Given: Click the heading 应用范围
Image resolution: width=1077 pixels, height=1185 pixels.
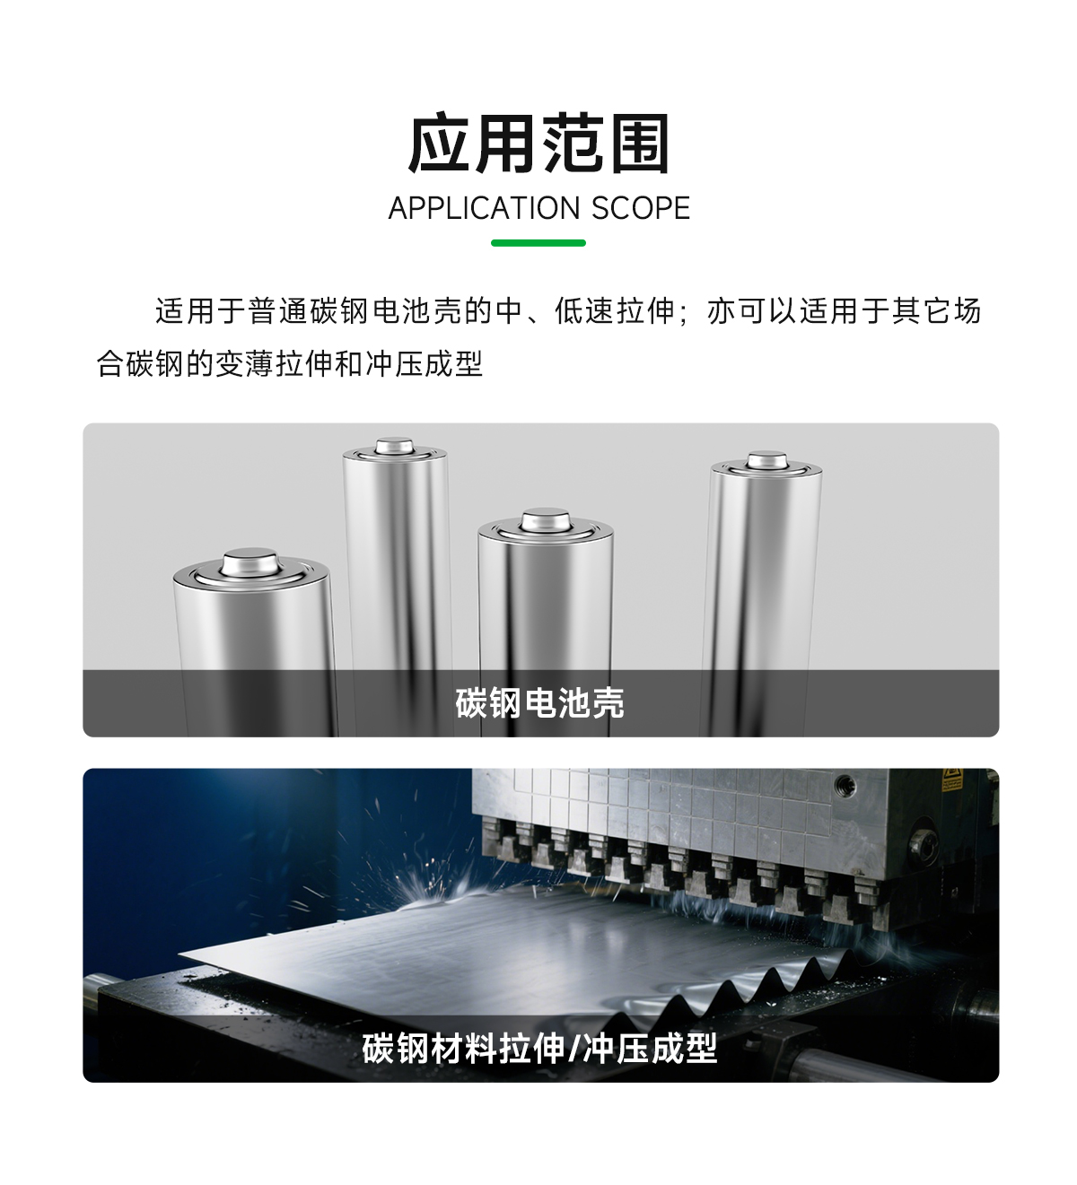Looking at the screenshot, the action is click(538, 144).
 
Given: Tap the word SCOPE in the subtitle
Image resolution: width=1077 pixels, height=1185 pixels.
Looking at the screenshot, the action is click(640, 208).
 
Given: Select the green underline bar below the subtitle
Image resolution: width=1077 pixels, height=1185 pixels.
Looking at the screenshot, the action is click(538, 243).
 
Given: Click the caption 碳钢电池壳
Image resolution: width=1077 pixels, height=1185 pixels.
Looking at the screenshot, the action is click(539, 702).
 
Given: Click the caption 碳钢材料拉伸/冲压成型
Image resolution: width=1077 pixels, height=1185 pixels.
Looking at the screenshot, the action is click(539, 1048).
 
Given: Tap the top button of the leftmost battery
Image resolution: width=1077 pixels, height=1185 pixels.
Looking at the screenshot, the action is click(250, 562).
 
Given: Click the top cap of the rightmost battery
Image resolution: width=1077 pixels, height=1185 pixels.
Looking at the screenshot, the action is click(766, 461).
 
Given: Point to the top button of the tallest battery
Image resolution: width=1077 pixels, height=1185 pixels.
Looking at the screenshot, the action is click(394, 446).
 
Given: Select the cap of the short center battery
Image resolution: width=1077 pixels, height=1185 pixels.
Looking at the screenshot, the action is click(546, 520).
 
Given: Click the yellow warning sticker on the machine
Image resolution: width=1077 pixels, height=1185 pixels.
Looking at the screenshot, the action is click(951, 780).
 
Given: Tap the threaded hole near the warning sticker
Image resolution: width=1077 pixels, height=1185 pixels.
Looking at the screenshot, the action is click(845, 785).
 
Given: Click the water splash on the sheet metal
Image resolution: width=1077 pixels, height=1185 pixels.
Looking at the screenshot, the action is click(425, 895).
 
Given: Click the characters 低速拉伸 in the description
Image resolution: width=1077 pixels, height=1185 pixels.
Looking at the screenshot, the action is click(616, 310).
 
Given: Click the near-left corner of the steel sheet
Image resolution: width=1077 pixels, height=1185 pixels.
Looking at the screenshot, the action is click(179, 955).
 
